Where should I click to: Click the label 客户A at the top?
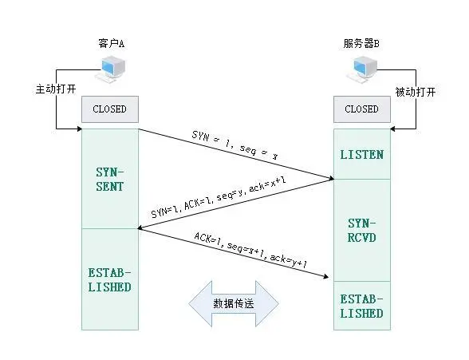[110, 44]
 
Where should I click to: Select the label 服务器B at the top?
[361, 44]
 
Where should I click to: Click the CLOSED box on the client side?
[109, 109]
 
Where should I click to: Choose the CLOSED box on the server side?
[361, 109]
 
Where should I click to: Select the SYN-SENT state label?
[109, 179]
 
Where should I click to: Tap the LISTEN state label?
[361, 154]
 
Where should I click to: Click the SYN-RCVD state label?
[361, 230]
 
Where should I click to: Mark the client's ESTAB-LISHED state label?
[109, 279]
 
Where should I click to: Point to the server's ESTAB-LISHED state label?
[361, 306]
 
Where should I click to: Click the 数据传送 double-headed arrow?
[234, 304]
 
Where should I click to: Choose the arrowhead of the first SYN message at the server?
[329, 177]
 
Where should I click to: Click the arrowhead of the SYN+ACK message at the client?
[141, 227]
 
